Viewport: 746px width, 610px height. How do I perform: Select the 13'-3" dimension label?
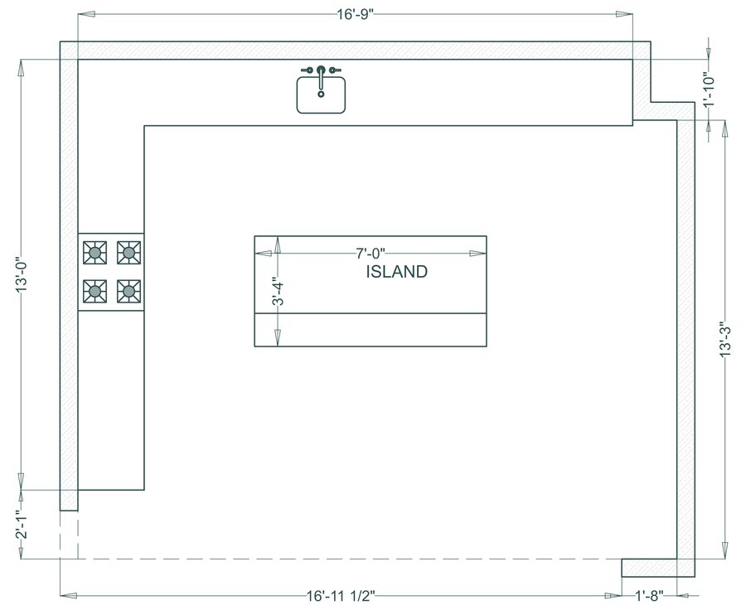(x=725, y=339)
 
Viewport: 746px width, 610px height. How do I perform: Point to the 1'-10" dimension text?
(x=708, y=90)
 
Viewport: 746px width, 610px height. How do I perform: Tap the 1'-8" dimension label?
(x=650, y=595)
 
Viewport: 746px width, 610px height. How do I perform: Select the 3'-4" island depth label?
(x=279, y=295)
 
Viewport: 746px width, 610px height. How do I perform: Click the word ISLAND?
(x=396, y=272)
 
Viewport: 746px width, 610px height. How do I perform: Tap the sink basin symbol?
(x=321, y=94)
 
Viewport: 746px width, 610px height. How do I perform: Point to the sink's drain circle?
(x=321, y=93)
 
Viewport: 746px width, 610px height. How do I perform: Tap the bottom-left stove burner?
(x=96, y=290)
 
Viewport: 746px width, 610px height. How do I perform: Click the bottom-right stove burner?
(x=128, y=290)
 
